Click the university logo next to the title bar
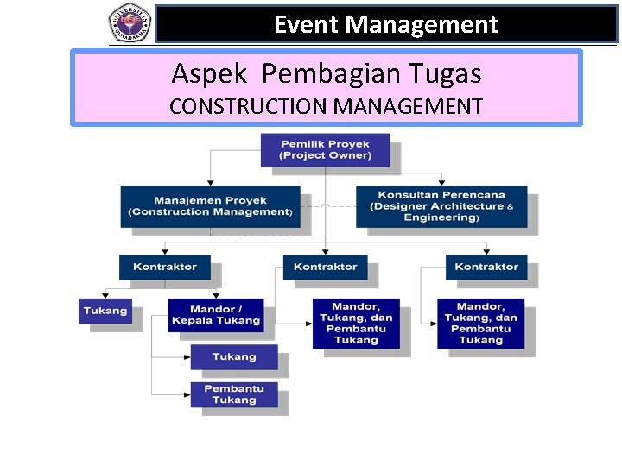(130, 22)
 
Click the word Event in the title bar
(307, 25)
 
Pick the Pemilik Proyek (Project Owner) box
(325, 150)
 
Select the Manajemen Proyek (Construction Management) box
(210, 206)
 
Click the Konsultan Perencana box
(441, 206)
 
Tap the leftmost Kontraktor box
(165, 267)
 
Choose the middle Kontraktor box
(325, 267)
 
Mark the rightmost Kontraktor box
(486, 267)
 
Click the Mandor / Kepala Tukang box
(215, 315)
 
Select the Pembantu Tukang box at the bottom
(234, 394)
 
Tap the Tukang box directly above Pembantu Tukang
(234, 356)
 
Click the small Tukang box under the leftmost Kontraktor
(105, 311)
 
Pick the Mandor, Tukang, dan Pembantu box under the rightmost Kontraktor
(480, 323)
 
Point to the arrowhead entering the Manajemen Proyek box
(210, 182)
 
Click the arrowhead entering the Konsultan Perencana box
(441, 182)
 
